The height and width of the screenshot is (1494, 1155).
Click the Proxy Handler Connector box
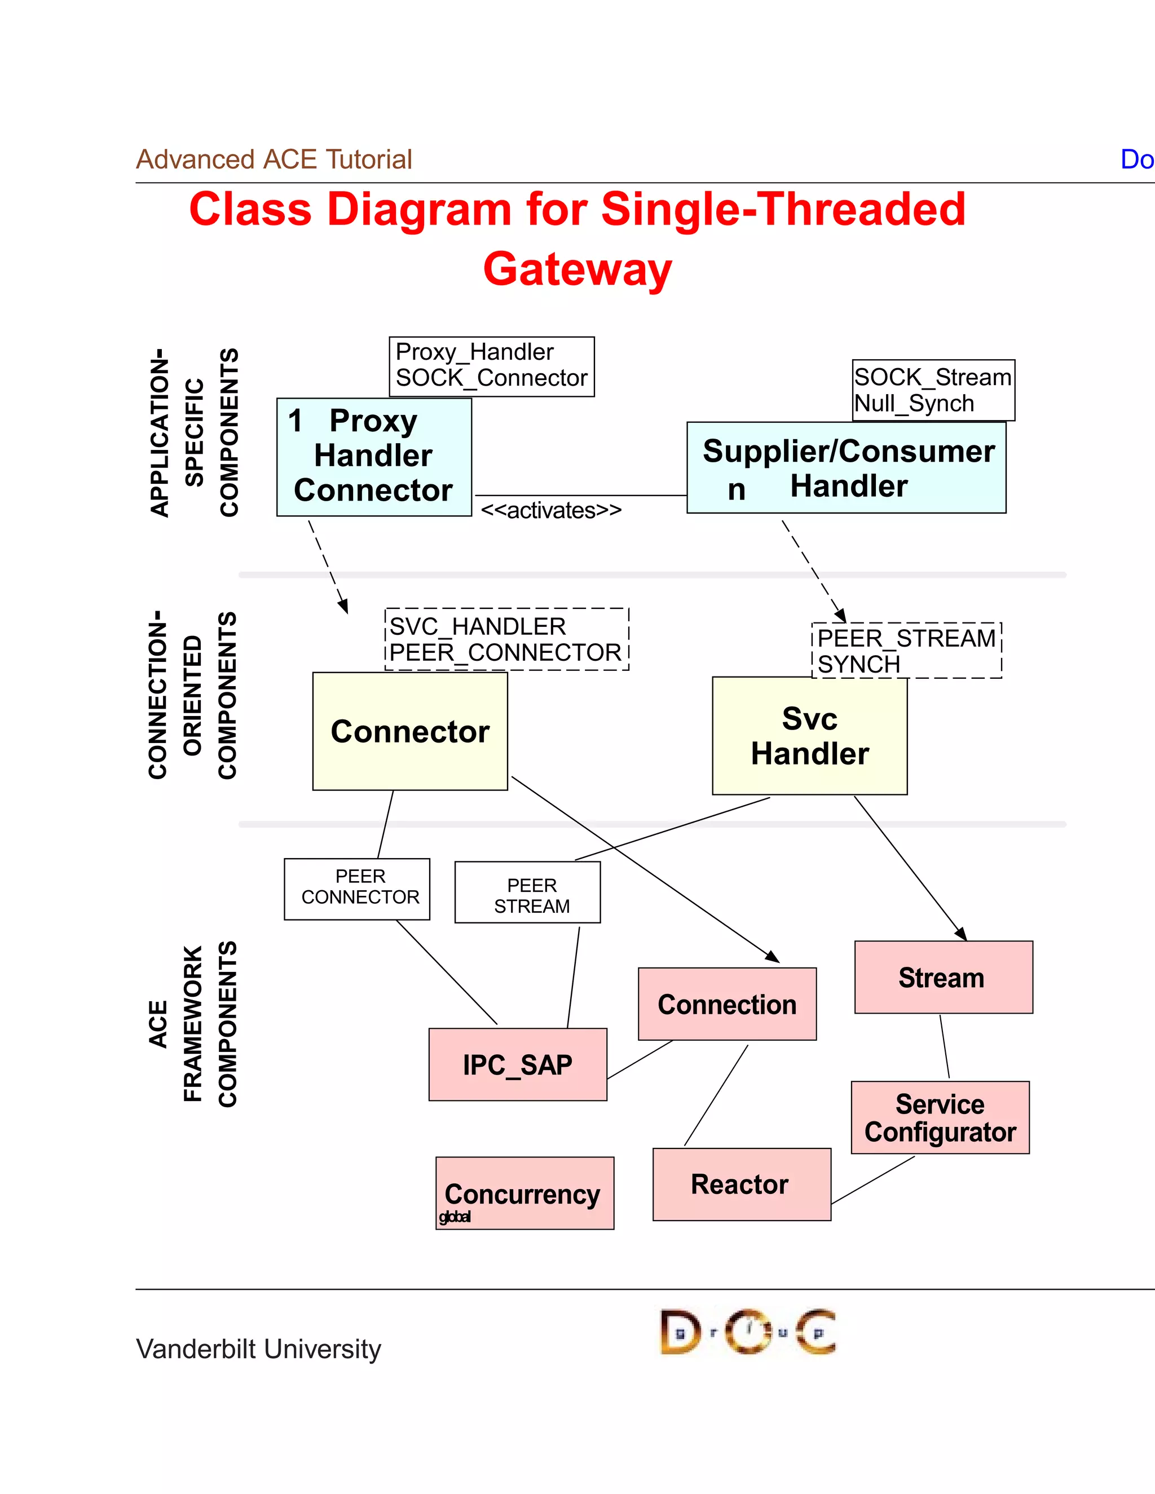[x=373, y=456]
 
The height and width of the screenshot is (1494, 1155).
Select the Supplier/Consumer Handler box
[x=846, y=468]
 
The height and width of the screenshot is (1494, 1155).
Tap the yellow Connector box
[x=410, y=731]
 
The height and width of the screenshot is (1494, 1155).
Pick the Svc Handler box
[x=809, y=736]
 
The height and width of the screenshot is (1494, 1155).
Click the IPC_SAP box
[x=517, y=1064]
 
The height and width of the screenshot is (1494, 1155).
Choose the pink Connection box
[x=726, y=1004]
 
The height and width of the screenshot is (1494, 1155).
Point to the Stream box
[x=943, y=977]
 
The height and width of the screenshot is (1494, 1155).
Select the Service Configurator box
[x=940, y=1118]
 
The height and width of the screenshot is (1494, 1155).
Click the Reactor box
[x=741, y=1184]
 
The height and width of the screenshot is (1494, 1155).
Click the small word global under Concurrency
[x=455, y=1217]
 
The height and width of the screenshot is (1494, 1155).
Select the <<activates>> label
[x=551, y=510]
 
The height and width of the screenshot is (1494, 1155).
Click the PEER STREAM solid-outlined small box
[x=527, y=892]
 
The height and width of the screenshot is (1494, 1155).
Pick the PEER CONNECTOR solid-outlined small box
[x=357, y=889]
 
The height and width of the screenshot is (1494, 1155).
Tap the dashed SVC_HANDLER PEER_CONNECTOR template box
[x=506, y=639]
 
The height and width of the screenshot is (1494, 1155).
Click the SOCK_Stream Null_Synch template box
[x=933, y=390]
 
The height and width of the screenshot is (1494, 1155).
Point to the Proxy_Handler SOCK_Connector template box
[x=491, y=366]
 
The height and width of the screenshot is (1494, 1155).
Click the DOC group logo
[x=747, y=1331]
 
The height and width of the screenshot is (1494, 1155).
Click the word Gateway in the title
[x=577, y=269]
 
